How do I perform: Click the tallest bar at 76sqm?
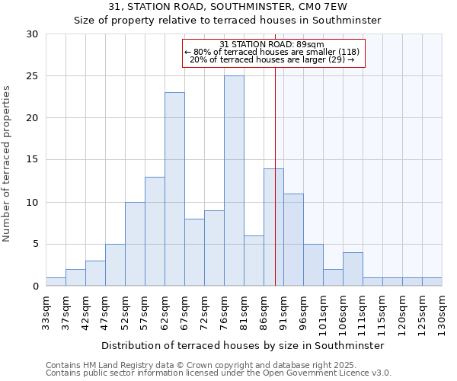(234, 181)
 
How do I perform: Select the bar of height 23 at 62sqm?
(174, 189)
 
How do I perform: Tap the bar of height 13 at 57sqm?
(155, 231)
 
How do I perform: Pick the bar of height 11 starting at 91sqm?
(293, 239)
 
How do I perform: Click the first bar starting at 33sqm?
(56, 281)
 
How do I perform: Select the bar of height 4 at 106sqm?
(353, 269)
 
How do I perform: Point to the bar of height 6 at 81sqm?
(254, 261)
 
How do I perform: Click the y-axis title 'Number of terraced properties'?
(7, 164)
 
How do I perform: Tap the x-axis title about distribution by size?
(242, 345)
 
